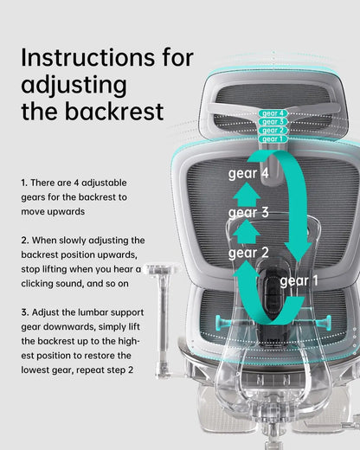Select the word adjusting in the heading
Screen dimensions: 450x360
[74, 85]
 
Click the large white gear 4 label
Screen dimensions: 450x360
[247, 173]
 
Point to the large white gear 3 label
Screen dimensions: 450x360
[247, 212]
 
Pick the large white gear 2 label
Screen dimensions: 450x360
[247, 253]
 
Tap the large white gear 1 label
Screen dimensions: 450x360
[299, 281]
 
